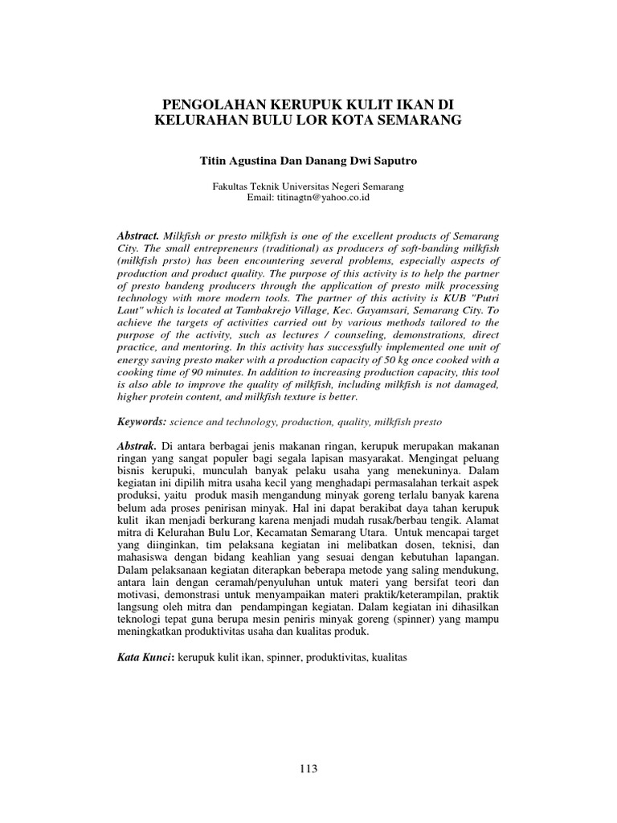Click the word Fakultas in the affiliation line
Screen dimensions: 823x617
point(231,186)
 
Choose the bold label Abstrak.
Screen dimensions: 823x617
point(137,446)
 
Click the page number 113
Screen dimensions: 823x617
point(308,769)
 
